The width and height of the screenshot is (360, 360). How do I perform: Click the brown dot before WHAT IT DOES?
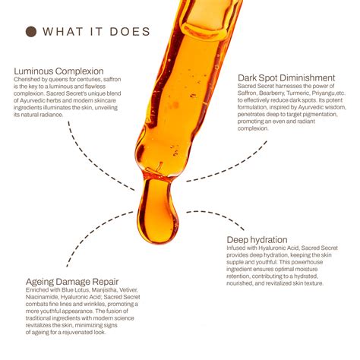tap(32, 31)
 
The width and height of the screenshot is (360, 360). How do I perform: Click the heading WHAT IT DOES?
tap(97, 31)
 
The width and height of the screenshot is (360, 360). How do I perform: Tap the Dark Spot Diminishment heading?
tap(286, 77)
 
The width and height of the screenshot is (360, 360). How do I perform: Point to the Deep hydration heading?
tap(260, 241)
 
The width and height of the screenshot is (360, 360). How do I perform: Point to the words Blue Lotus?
tap(73, 289)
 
